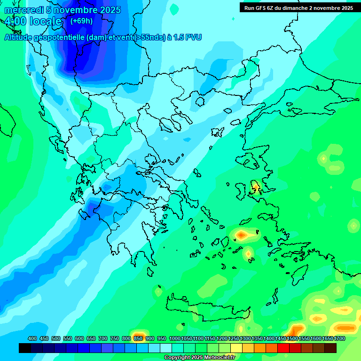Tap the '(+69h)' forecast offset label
tap(81, 21)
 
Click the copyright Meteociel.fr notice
tap(199, 358)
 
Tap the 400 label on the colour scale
tap(32, 338)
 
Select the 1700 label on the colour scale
tap(339, 338)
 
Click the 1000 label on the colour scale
tap(175, 338)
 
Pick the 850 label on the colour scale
tap(138, 338)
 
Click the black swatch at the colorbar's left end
tap(25, 348)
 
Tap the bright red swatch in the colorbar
tap(283, 348)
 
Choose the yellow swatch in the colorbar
tap(236, 348)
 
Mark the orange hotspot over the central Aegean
tap(242, 234)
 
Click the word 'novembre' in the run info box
tap(325, 8)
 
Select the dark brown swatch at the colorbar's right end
tap(330, 348)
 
